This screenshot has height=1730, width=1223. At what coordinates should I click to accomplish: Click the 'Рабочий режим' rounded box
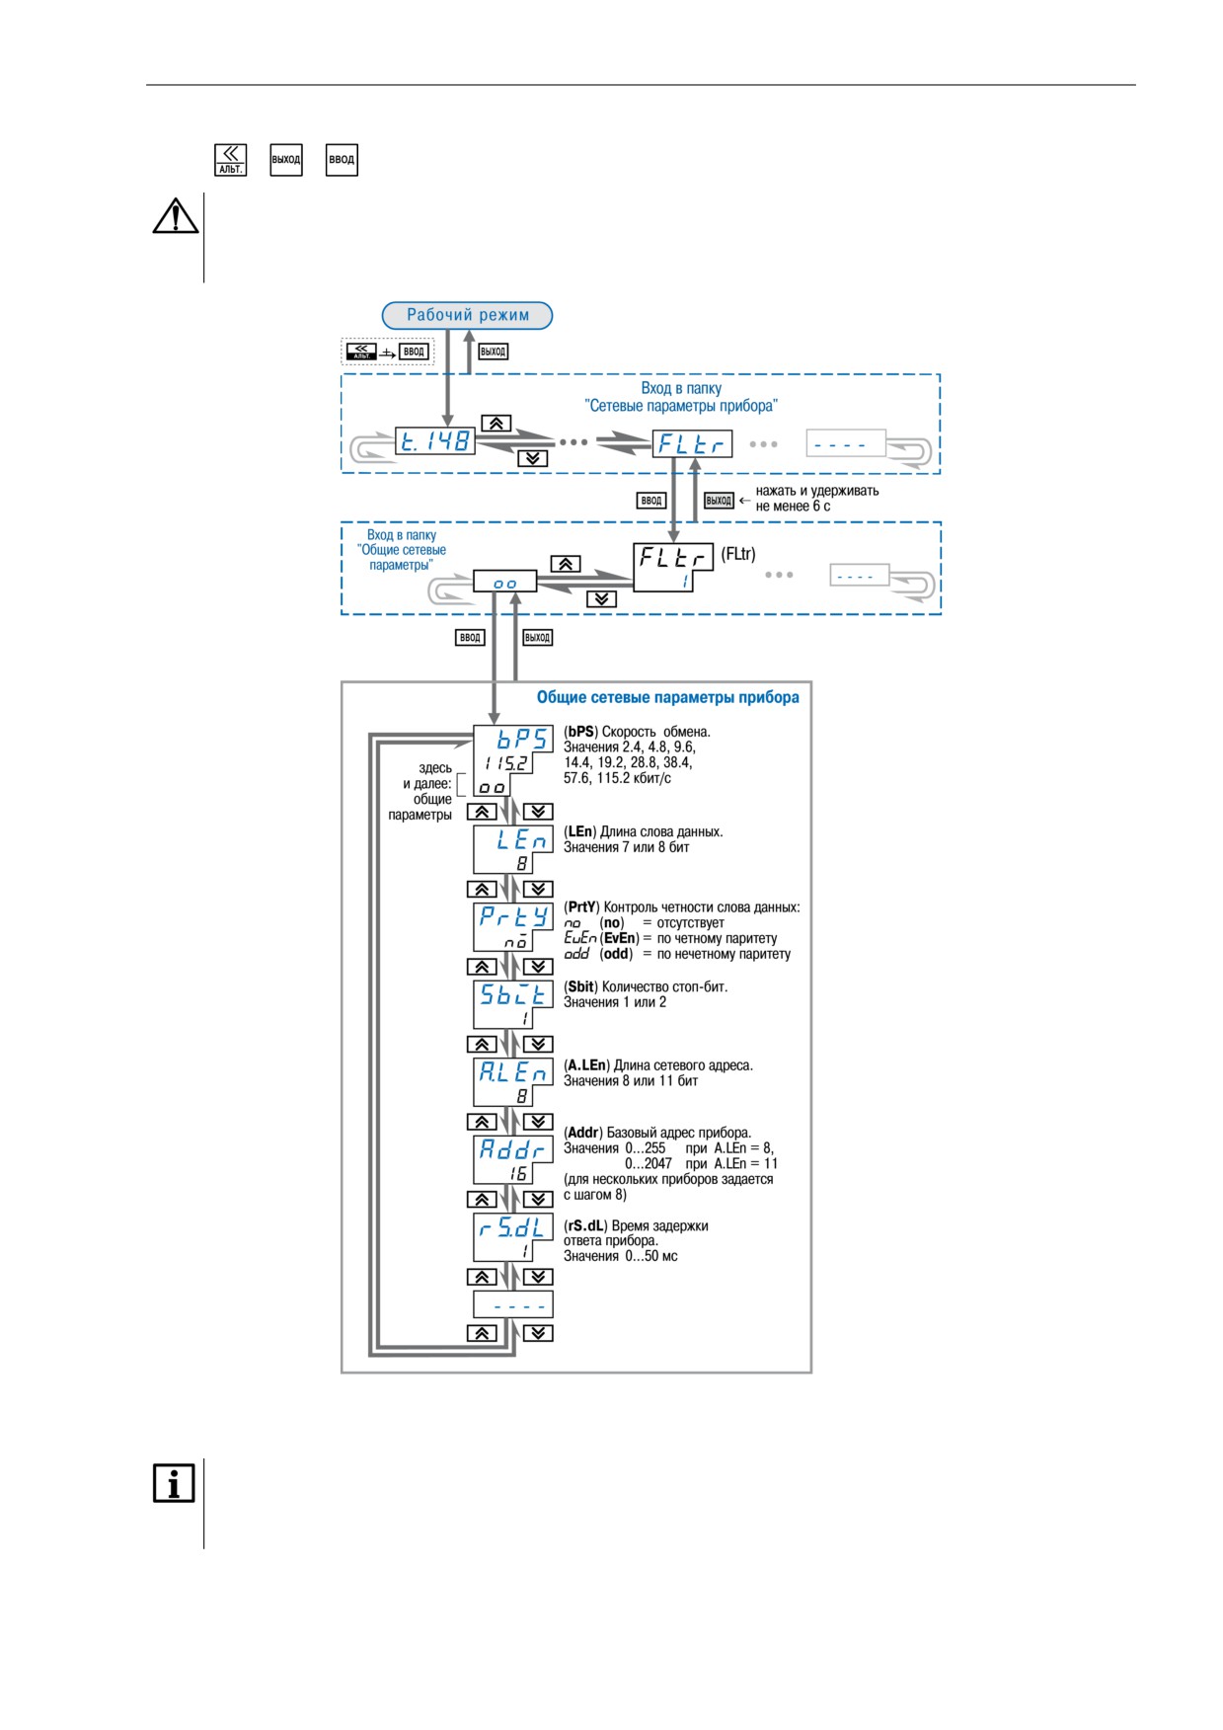click(467, 315)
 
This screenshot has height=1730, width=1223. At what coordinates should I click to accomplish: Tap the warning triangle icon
click(176, 215)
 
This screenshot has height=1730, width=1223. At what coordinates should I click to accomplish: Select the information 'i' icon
click(174, 1483)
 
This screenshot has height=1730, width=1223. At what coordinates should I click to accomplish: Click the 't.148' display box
click(435, 441)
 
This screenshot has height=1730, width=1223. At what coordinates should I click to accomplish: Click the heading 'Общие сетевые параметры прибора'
click(668, 697)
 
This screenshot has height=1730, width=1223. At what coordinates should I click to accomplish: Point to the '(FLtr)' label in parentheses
click(738, 554)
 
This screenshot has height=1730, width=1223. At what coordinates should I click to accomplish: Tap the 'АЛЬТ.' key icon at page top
click(230, 159)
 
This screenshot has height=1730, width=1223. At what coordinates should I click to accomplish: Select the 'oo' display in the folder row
click(504, 582)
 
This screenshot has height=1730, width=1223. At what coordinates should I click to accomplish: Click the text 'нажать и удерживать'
click(817, 491)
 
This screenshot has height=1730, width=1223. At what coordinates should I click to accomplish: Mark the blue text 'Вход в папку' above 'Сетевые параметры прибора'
click(681, 388)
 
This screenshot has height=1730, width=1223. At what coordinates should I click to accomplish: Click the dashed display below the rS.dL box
click(513, 1304)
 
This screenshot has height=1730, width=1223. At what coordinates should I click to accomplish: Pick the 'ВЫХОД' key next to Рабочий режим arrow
click(493, 352)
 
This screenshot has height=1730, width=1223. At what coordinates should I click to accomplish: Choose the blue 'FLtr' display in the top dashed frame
click(692, 443)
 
